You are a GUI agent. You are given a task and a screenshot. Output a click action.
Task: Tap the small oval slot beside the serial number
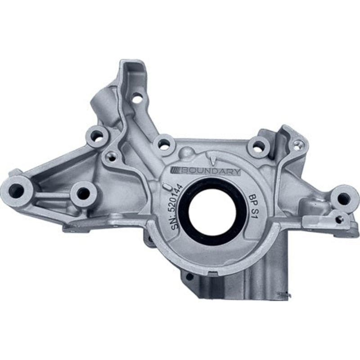[x=165, y=185]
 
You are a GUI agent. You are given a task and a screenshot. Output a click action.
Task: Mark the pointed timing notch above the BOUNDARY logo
[x=212, y=158]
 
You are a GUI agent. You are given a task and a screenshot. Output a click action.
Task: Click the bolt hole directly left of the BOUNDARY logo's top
[x=164, y=145]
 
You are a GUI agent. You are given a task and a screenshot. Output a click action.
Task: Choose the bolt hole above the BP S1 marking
[x=258, y=146]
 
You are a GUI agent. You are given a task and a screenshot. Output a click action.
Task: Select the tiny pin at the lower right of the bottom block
[x=284, y=295]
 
